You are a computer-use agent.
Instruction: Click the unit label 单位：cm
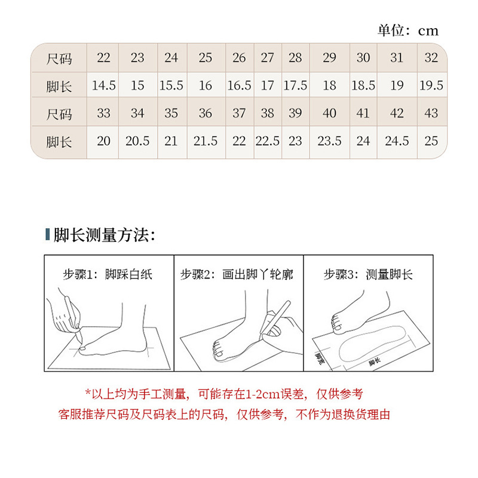point(408,30)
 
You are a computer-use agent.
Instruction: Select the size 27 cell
point(268,57)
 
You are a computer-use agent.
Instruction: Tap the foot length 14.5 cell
point(103,85)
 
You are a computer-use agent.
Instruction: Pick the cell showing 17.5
point(295,85)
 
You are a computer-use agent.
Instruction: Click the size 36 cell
point(206,113)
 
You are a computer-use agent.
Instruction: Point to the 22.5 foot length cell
point(268,141)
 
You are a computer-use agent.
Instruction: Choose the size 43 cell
point(431,113)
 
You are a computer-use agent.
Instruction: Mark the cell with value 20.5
point(137,141)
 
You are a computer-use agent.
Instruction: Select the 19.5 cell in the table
point(431,85)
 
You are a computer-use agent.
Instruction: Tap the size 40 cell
point(330,113)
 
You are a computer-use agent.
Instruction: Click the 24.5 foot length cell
point(397,141)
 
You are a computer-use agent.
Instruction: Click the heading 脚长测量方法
point(104,235)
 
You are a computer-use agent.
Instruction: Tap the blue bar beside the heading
point(48,234)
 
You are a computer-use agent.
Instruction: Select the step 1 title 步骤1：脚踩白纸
point(108,274)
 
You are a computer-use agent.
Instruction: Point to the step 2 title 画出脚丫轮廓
point(258,274)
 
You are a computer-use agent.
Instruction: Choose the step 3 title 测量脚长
point(390,274)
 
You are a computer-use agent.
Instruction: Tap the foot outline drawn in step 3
point(372,344)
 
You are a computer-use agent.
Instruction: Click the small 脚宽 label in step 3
point(320,359)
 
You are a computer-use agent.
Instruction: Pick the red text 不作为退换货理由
point(342,415)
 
